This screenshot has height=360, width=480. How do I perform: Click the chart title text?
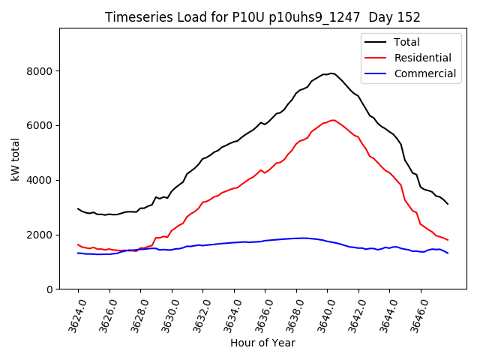(x=262, y=17)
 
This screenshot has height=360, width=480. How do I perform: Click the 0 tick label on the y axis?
(x=49, y=289)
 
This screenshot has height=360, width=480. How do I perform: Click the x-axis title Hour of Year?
(x=262, y=343)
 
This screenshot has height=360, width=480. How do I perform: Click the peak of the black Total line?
(x=331, y=73)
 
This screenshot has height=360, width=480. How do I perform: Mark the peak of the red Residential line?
(x=333, y=120)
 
